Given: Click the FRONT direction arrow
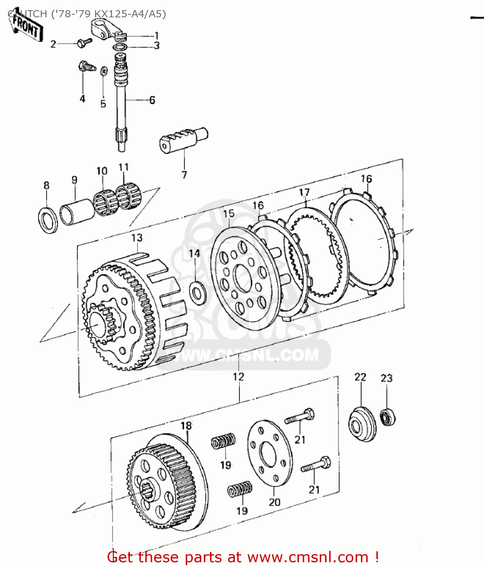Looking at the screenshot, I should click(26, 27).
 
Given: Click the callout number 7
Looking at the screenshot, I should click(184, 175).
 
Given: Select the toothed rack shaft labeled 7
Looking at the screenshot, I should click(183, 140).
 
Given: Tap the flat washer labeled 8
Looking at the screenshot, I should click(48, 220).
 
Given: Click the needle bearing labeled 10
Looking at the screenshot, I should click(103, 201).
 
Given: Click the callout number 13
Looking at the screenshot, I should click(137, 238).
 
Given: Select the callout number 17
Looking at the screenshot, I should click(304, 192).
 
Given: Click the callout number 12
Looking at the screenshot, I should click(239, 377).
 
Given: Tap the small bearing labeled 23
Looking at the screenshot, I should click(388, 417).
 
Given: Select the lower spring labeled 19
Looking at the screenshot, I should click(240, 490).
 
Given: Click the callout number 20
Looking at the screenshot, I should click(274, 502).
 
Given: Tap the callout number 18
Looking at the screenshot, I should click(186, 426).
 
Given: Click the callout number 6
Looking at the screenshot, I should click(152, 100).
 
